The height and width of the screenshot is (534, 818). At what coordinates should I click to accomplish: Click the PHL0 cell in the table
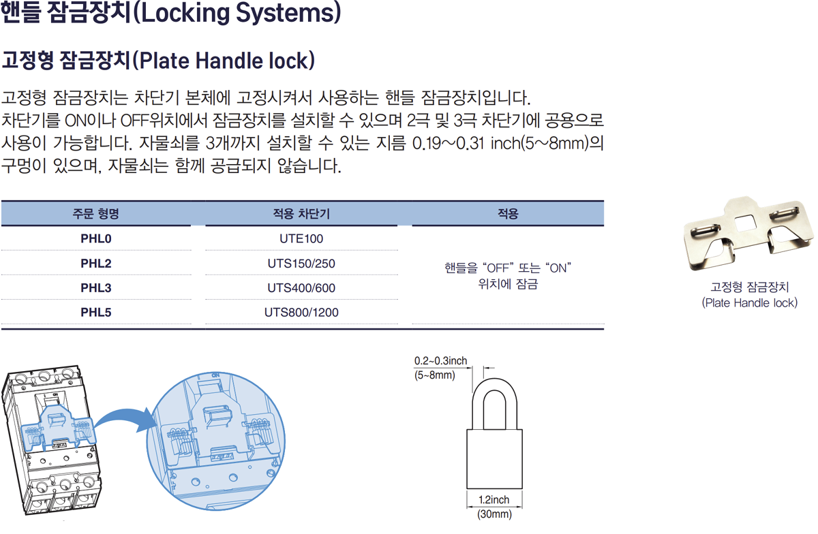96,239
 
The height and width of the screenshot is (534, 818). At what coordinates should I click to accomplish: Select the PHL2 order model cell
96,264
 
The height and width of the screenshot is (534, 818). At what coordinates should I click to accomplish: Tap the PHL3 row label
96,288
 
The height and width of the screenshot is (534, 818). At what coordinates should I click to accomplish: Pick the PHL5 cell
96,313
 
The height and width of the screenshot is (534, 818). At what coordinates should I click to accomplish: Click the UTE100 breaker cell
301,239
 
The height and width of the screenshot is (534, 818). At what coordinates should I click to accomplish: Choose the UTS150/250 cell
301,264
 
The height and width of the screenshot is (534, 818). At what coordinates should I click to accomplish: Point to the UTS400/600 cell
301,288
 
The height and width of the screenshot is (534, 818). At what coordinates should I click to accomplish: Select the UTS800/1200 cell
301,313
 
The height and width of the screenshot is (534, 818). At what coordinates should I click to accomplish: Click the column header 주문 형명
96,214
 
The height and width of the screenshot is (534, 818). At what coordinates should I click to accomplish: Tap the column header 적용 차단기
301,214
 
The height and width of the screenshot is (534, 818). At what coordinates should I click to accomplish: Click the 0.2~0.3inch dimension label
440,361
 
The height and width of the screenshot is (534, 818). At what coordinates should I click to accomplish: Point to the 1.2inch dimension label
494,501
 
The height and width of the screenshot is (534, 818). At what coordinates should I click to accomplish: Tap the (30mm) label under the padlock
494,515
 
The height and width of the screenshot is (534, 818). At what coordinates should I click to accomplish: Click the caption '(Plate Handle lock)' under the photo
749,302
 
